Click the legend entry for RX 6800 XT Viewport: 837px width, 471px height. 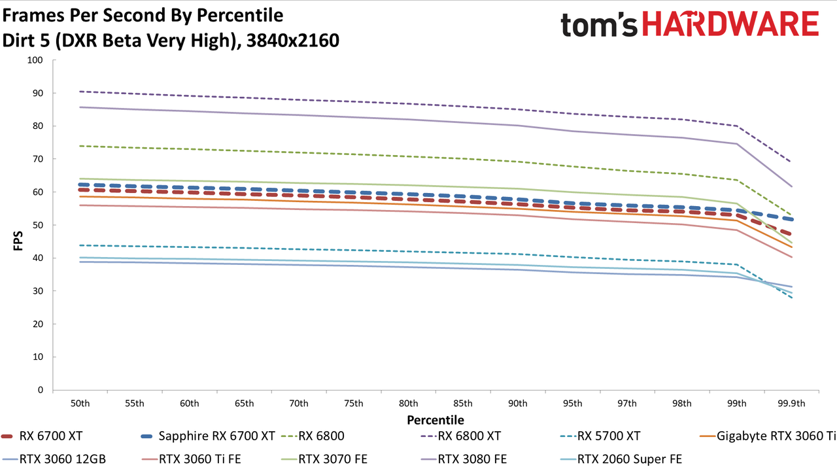[x=460, y=436]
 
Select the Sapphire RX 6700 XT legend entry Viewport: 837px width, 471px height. [x=208, y=436]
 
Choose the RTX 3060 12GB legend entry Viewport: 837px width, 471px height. [x=54, y=459]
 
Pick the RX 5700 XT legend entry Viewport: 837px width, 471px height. [x=600, y=436]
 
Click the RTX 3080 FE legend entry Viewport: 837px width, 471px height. [x=464, y=459]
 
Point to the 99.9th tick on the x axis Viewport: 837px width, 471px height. [x=791, y=404]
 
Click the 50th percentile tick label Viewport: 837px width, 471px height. [x=80, y=404]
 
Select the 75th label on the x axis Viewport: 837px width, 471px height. [x=354, y=404]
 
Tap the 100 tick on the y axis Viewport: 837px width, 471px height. [x=35, y=60]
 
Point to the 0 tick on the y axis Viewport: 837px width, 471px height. [x=41, y=390]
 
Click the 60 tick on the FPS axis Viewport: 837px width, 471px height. [x=38, y=192]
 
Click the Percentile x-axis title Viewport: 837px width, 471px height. [x=436, y=420]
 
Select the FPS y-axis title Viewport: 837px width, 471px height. [x=18, y=241]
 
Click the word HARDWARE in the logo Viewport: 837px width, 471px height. [x=730, y=24]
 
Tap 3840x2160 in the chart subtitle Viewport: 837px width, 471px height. [x=293, y=41]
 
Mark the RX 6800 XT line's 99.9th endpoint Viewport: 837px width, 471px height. [x=791, y=162]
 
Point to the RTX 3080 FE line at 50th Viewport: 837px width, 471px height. [x=80, y=107]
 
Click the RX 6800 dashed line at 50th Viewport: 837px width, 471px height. [x=80, y=146]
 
